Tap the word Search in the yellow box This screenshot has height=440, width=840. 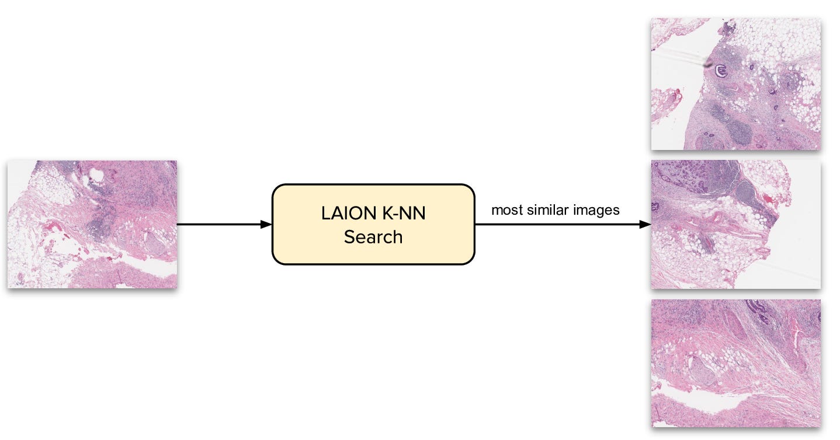[x=373, y=237]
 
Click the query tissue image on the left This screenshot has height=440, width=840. [x=92, y=224]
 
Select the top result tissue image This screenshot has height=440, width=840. [x=735, y=83]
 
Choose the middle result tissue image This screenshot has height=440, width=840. [x=735, y=224]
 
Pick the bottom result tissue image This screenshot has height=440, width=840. [x=735, y=363]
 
